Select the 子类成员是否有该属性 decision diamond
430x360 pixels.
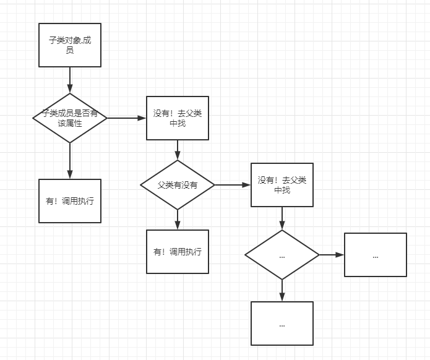tap(70, 118)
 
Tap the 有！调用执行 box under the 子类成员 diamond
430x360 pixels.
tap(70, 201)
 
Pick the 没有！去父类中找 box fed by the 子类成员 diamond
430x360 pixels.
tap(178, 118)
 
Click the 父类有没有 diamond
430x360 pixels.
tap(178, 185)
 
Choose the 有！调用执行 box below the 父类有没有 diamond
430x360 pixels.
tap(178, 251)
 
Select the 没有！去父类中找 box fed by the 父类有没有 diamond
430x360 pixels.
tap(282, 185)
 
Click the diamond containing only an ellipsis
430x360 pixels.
tap(282, 255)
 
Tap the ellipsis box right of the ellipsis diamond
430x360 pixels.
tap(376, 255)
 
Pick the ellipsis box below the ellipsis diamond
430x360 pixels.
tap(282, 324)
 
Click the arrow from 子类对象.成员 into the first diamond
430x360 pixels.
tap(70, 80)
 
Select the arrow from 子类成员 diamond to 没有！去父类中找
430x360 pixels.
tap(126, 118)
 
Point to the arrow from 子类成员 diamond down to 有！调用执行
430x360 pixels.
tap(70, 161)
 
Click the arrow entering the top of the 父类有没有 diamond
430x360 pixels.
tap(178, 150)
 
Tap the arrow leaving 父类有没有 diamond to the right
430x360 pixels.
tap(233, 185)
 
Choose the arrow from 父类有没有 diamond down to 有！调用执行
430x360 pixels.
tap(178, 220)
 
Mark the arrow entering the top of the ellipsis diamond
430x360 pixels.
tap(282, 218)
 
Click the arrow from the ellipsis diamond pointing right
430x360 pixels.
tap(332, 255)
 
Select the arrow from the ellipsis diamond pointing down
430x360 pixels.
tap(282, 290)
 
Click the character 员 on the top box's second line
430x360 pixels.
tap(70, 51)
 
